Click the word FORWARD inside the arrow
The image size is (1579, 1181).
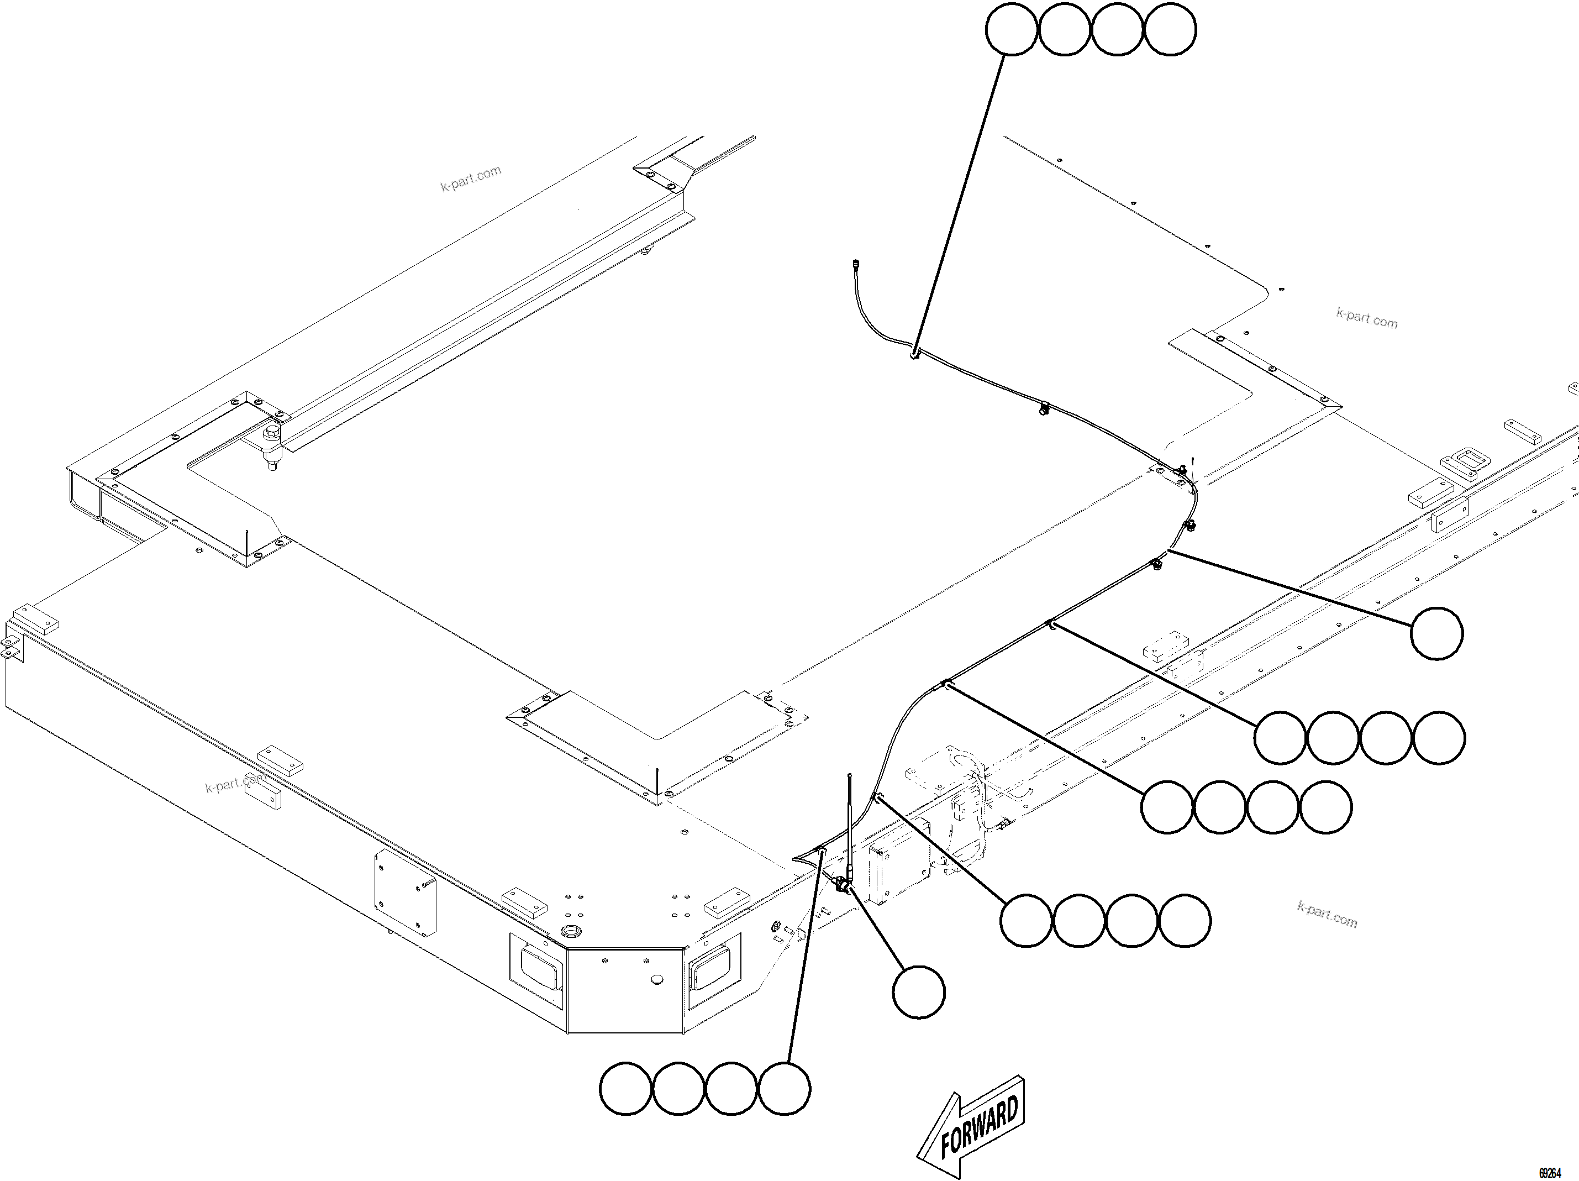tap(978, 1128)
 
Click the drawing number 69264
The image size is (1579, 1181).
tap(1549, 1173)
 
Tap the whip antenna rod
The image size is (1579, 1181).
tap(850, 821)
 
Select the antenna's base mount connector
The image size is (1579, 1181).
tap(844, 886)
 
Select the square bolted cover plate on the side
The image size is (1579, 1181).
tap(405, 893)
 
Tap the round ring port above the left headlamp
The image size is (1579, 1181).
tap(572, 931)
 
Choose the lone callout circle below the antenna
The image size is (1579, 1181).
tap(919, 992)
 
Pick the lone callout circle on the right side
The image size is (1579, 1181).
tap(1437, 633)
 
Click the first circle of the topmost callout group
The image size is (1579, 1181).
tap(1012, 29)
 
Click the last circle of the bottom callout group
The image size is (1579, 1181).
tap(785, 1089)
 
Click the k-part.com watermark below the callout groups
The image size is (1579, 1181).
tap(1327, 915)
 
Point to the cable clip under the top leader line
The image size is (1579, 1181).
tap(914, 352)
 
